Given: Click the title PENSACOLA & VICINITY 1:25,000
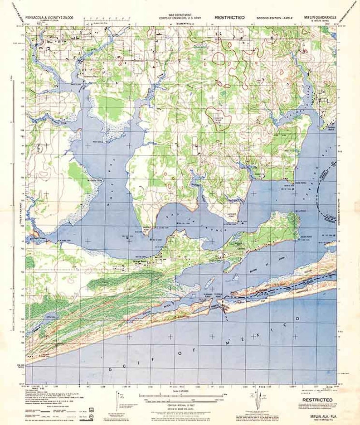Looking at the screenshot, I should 54,17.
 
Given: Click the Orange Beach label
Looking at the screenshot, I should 154,261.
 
